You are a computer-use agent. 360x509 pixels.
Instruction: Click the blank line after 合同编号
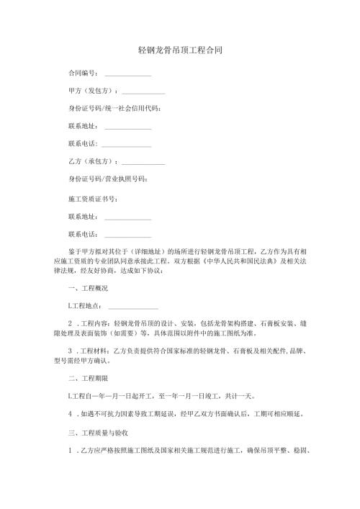pyautogui.click(x=128, y=75)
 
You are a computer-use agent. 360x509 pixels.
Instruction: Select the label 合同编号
pyautogui.click(x=82, y=73)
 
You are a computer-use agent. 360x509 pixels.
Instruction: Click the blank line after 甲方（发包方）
pyautogui.click(x=143, y=93)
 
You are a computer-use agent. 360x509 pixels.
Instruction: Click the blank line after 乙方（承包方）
pyautogui.click(x=143, y=163)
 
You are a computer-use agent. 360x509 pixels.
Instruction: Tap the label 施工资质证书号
pyautogui.click(x=91, y=198)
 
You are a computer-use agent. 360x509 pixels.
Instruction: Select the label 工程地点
pyautogui.click(x=86, y=306)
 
